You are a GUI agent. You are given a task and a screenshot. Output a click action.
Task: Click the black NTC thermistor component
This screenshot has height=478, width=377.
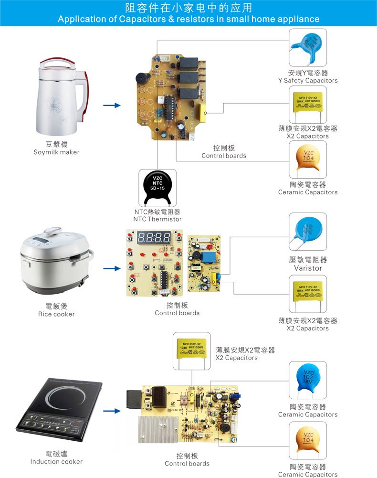(x=157, y=187)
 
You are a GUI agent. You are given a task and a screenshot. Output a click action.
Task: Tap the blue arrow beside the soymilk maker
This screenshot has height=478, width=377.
(x=112, y=105)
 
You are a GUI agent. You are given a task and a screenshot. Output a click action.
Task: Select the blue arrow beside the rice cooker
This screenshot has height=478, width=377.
(x=112, y=268)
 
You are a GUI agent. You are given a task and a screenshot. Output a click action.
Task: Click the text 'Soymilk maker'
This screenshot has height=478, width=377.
(x=56, y=152)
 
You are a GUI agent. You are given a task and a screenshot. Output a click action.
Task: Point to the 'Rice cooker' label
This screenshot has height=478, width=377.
(x=56, y=314)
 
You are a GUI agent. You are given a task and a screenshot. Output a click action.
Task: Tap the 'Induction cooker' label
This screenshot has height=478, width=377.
(x=56, y=462)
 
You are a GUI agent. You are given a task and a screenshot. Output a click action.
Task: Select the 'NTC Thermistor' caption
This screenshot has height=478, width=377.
(x=157, y=219)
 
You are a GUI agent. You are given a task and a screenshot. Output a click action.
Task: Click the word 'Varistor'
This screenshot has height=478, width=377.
(x=308, y=268)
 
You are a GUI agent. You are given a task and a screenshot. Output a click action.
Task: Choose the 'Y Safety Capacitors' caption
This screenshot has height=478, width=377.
(x=308, y=80)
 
